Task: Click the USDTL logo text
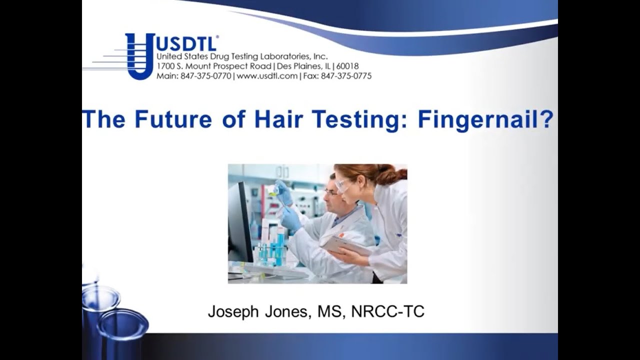click(186, 43)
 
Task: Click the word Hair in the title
click(274, 120)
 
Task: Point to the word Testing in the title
click(350, 120)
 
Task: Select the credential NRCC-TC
click(387, 311)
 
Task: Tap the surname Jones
click(289, 311)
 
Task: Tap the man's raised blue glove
click(283, 192)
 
